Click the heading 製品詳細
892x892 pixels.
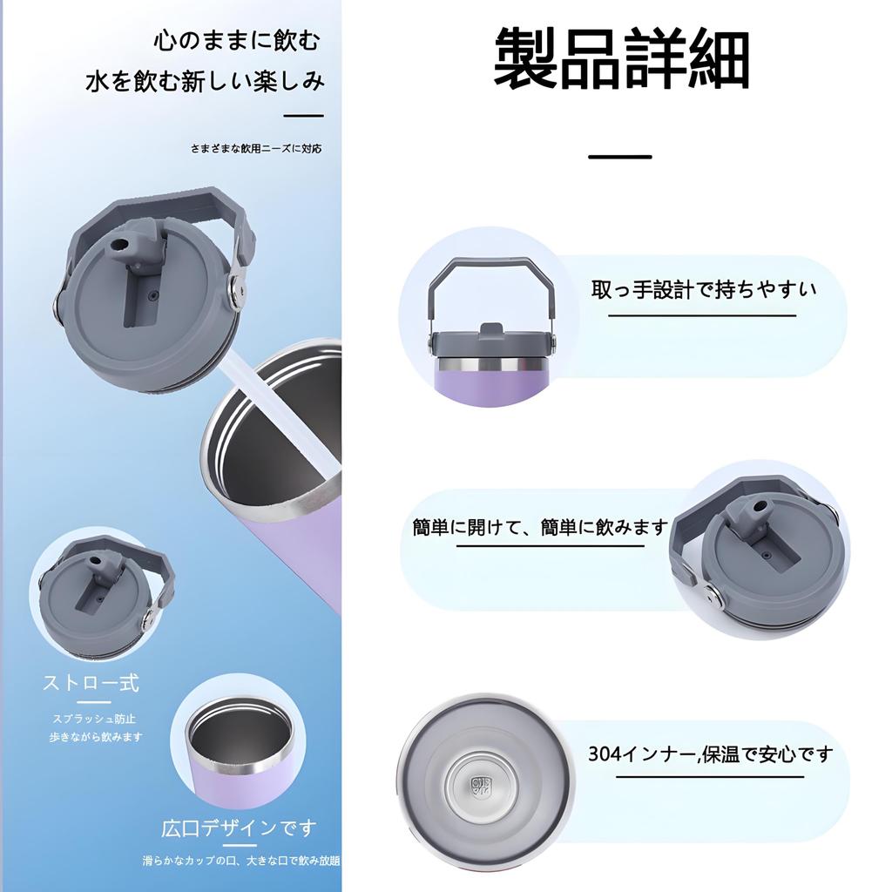tap(621, 58)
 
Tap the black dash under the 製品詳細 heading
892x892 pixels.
tap(619, 157)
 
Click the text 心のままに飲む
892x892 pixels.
tap(236, 40)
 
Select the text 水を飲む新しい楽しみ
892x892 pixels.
tap(205, 81)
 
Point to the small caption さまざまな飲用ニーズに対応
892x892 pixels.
tap(256, 148)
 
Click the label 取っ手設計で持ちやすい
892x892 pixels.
tap(704, 289)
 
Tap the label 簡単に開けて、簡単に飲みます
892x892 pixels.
tap(540, 527)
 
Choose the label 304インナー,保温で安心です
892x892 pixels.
tap(710, 753)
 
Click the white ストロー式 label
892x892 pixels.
tap(91, 682)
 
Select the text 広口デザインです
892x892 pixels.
tap(239, 828)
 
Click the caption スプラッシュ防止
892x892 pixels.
tap(95, 720)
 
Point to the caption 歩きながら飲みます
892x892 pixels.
tap(95, 737)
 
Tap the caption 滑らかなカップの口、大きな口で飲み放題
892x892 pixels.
tap(241, 861)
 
